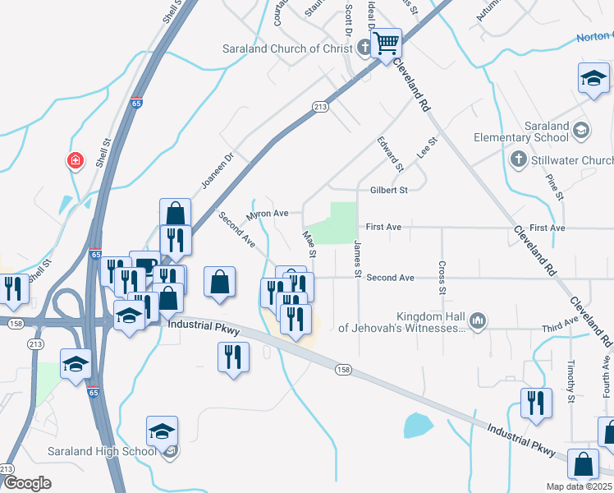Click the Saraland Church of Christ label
point(287,48)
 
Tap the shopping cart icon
point(385,42)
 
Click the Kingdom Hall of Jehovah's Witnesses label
point(432,322)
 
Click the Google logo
point(27,483)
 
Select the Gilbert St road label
point(388,191)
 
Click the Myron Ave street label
point(268,214)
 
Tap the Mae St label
point(309,242)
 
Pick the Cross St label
point(442,279)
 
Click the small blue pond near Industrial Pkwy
point(417,425)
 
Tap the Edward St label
point(390,154)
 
